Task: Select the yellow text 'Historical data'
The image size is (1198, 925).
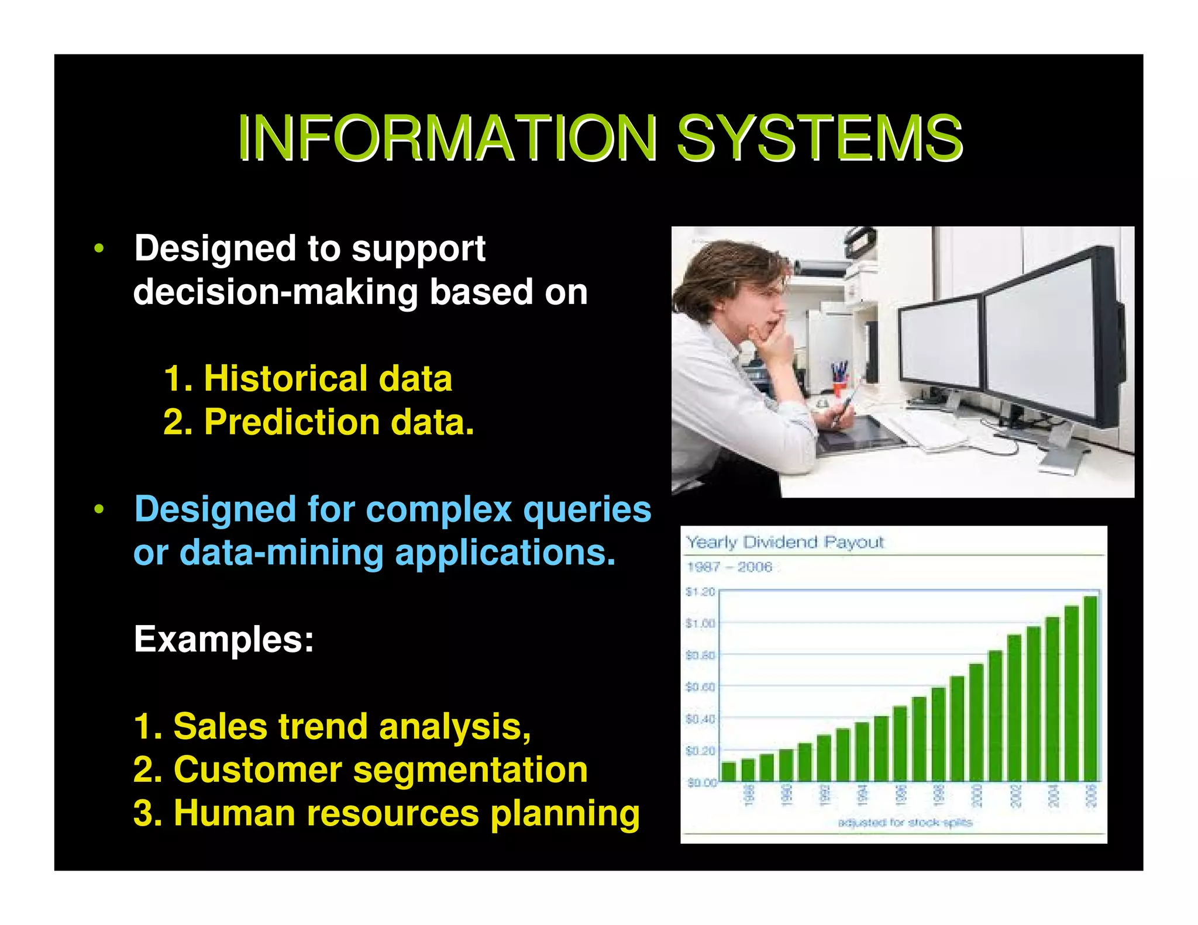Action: [328, 378]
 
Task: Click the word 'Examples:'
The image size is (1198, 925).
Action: [224, 639]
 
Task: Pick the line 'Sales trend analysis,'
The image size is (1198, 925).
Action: [332, 726]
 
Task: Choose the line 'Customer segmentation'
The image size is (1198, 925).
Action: [360, 769]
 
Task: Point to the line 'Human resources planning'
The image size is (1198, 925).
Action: [386, 813]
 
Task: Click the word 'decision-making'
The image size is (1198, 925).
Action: [275, 292]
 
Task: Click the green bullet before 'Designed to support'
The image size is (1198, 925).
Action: [99, 248]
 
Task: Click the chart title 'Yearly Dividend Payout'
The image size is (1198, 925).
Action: [784, 542]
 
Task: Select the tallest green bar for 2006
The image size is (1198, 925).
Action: [1090, 690]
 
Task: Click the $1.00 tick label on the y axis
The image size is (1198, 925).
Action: [700, 623]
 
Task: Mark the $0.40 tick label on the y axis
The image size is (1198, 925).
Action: [700, 719]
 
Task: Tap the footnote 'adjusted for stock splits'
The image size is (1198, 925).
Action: [905, 823]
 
